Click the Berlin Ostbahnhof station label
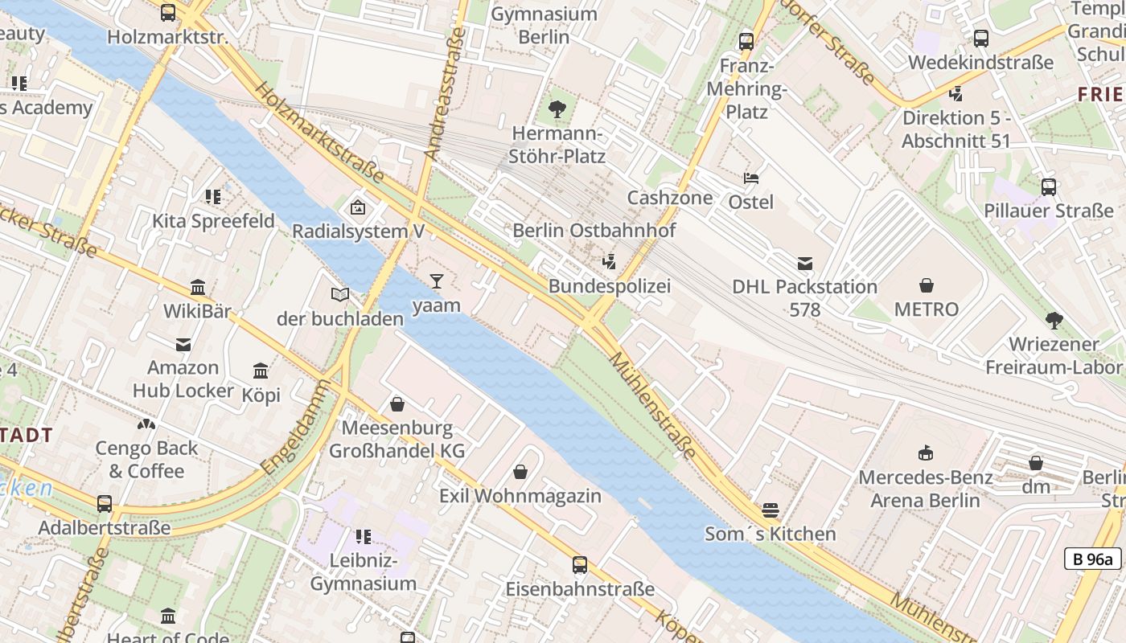(x=594, y=231)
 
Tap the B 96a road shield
(x=1092, y=559)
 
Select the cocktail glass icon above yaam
(x=436, y=281)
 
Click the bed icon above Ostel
(x=751, y=178)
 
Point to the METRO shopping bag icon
(x=927, y=285)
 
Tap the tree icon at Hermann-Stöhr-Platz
(x=557, y=109)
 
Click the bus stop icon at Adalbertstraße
(x=105, y=504)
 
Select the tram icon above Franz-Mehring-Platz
(x=746, y=41)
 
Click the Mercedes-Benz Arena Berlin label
(x=925, y=489)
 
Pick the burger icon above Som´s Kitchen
(x=771, y=510)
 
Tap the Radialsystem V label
(x=358, y=231)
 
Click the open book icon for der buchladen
(x=340, y=295)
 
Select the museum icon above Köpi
(x=261, y=371)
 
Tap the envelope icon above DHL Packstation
(x=804, y=263)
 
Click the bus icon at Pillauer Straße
(x=1049, y=187)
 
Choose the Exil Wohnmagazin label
(x=520, y=496)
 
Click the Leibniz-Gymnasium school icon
(x=364, y=536)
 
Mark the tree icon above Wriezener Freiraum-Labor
(x=1054, y=321)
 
